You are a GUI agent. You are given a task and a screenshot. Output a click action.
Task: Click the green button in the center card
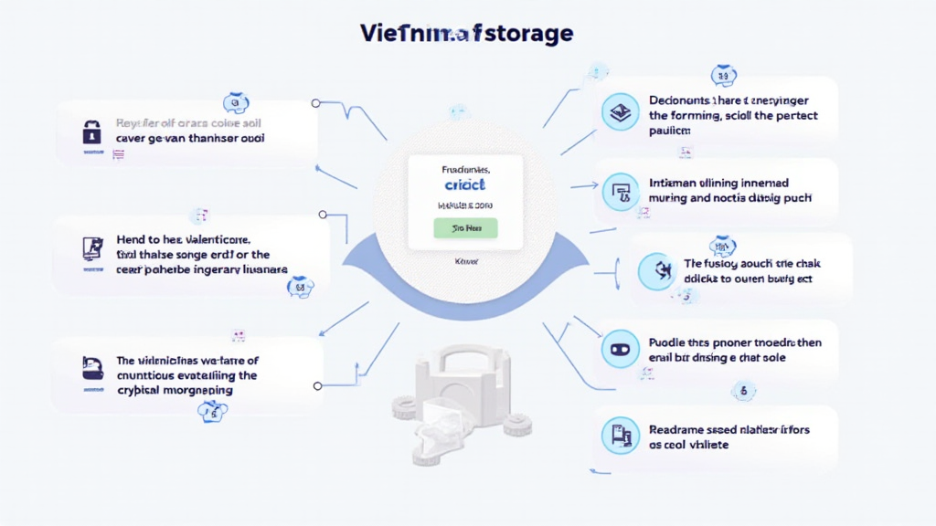(x=465, y=227)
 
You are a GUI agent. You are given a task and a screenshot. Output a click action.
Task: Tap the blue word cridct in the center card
(x=465, y=184)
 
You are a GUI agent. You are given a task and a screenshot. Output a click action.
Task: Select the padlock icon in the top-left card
(x=91, y=131)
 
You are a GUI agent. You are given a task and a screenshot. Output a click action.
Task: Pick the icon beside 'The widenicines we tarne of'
(x=91, y=368)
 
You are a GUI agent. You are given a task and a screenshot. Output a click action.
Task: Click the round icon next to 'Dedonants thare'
(x=619, y=113)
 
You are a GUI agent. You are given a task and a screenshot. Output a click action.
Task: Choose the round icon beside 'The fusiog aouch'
(x=655, y=271)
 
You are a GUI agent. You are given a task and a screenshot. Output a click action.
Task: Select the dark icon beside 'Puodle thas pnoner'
(x=617, y=349)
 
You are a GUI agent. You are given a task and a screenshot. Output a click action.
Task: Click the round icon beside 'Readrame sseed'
(x=620, y=436)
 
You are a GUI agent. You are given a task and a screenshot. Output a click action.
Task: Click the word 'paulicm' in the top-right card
(x=669, y=131)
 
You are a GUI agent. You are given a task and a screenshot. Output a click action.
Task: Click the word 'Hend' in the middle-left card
(x=133, y=239)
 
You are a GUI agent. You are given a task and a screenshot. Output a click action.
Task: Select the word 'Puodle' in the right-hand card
(x=670, y=342)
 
